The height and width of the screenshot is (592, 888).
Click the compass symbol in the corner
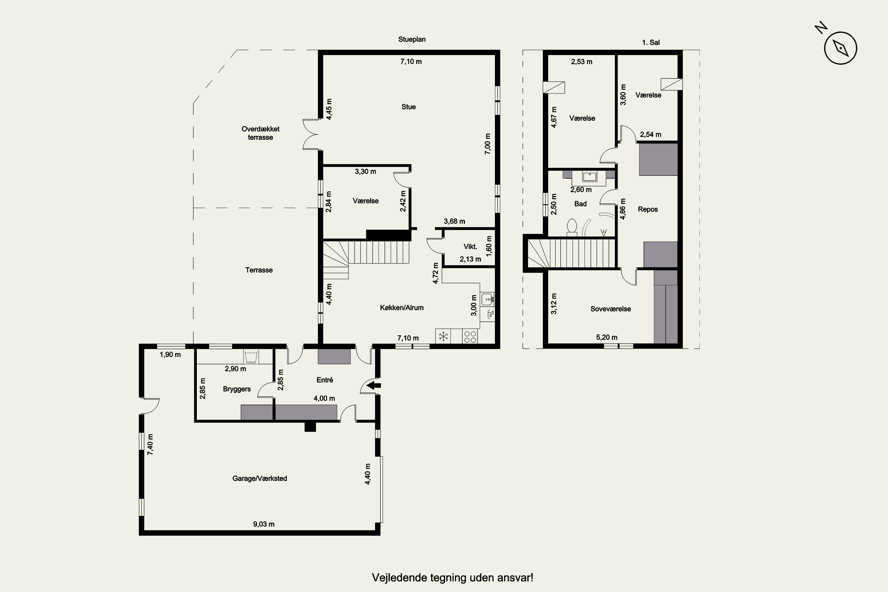click(x=840, y=48)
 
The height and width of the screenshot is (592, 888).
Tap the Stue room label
click(x=408, y=107)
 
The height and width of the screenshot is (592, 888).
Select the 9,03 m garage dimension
click(x=263, y=524)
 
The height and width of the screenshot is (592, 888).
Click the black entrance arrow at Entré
click(x=374, y=385)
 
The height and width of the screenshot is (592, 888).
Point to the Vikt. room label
click(x=470, y=247)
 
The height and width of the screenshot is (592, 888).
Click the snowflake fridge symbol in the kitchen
click(x=443, y=336)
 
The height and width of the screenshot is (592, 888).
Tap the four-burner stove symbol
click(x=470, y=336)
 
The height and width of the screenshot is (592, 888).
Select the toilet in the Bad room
click(x=572, y=227)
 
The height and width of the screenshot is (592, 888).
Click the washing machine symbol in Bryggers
click(x=251, y=356)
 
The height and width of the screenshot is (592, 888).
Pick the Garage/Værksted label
click(x=260, y=478)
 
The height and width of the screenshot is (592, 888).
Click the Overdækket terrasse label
click(x=260, y=133)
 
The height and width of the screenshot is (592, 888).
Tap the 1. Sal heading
click(x=651, y=43)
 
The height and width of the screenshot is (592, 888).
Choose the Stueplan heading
click(x=412, y=39)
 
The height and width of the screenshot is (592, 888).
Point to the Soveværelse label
click(x=610, y=309)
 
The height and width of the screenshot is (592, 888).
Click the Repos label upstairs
click(x=648, y=209)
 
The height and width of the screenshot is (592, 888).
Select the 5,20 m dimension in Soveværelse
click(x=607, y=337)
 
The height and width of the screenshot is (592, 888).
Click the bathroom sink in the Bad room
click(x=589, y=177)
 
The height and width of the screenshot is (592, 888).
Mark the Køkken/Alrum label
click(x=402, y=308)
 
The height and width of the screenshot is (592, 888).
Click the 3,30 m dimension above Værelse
click(x=366, y=171)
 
